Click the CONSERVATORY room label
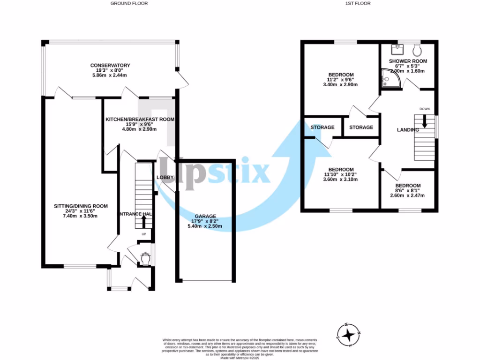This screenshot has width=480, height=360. point(110,65)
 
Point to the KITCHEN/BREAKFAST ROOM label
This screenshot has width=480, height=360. point(140,120)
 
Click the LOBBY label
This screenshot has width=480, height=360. point(165,177)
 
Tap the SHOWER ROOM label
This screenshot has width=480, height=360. point(408,61)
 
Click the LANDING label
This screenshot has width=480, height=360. point(408,130)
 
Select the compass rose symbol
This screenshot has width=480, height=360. point(349,335)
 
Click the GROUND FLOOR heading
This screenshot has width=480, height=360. point(129,3)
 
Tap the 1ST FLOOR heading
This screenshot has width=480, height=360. point(358,3)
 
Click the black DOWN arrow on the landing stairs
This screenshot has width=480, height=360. point(425,121)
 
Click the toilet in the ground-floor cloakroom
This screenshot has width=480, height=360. point(145,258)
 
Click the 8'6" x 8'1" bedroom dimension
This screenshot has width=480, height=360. point(408,190)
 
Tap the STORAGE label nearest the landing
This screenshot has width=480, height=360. point(361,127)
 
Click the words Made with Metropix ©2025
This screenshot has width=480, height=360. point(240,358)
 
